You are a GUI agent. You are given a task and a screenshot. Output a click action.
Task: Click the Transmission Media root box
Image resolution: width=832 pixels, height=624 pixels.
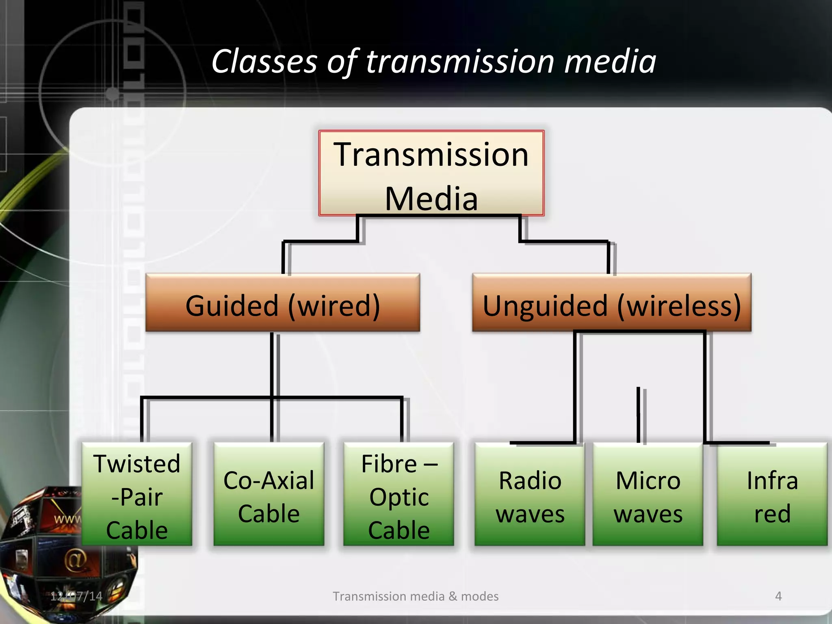431,173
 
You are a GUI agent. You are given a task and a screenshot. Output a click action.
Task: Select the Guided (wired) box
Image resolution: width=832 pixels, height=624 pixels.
282,303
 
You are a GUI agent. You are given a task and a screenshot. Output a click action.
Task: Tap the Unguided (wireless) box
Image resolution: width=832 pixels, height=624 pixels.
611,303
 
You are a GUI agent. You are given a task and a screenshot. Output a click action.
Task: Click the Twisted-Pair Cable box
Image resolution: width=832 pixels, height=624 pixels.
137,494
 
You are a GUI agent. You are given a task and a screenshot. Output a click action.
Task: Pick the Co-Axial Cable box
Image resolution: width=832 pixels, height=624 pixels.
269,494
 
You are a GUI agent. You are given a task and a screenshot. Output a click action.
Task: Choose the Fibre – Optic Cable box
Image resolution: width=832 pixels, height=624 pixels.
399,494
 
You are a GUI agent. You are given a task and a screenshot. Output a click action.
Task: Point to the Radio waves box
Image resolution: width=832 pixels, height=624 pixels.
530,494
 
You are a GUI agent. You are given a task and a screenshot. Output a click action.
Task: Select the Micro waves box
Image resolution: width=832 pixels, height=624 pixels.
648,494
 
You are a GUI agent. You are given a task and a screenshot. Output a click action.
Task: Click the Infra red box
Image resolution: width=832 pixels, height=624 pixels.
772,494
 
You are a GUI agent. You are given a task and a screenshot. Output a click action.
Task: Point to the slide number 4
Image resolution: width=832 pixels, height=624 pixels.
778,596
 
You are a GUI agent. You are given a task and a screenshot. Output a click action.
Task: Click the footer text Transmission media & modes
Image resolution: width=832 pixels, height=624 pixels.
416,596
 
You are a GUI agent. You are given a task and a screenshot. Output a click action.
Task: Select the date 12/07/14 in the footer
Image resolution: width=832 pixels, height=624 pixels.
76,596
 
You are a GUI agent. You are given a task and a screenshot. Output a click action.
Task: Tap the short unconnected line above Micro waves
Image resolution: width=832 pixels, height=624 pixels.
639,414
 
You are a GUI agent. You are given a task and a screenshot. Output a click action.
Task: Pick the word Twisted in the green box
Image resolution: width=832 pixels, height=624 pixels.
137,464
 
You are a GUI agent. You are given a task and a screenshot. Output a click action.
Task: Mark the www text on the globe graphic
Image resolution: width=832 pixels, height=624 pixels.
67,519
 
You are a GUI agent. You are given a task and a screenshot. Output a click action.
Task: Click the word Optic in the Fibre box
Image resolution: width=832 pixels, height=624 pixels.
399,497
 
